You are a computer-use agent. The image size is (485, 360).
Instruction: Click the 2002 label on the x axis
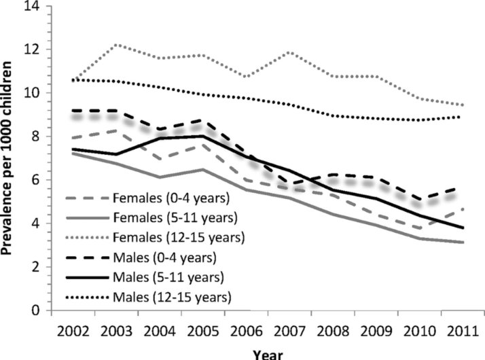73,332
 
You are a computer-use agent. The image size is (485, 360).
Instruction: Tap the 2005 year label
203,332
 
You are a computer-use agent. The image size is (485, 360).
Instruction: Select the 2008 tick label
333,332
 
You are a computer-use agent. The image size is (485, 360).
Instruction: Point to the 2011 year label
463,332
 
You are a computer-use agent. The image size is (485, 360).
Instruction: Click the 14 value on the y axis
32,6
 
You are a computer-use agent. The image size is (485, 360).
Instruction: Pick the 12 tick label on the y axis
32,50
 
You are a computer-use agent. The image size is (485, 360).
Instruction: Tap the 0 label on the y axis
36,310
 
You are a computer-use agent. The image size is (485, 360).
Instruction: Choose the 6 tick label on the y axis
36,180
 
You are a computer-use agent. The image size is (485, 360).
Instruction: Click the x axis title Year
268,355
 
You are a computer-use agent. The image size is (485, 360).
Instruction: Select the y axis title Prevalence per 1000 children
6,158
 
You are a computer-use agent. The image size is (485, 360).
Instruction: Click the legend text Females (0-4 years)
171,198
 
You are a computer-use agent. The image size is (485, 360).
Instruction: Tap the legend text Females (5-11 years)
175,218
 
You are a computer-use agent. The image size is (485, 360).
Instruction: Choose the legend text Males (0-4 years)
165,257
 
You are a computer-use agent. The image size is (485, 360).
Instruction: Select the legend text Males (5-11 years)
168,277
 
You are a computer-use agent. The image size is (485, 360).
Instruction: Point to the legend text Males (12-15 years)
173,297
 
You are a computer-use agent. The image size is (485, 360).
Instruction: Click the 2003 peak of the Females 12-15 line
117,45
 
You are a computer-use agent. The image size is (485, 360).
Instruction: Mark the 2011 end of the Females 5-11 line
463,242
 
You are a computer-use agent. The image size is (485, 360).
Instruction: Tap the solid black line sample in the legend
88,277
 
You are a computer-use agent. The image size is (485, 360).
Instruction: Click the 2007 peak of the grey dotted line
290,52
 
